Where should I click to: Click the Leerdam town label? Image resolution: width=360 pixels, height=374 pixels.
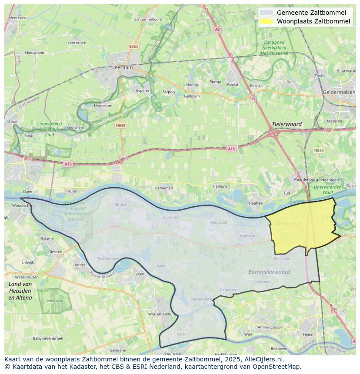pos(123,68)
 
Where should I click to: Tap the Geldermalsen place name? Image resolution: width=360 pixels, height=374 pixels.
pos(340,92)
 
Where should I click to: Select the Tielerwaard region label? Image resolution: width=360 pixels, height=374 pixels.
pos(287,124)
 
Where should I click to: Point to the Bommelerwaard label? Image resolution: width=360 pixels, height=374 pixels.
pos(269,271)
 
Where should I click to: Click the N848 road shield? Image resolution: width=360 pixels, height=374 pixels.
pos(120,126)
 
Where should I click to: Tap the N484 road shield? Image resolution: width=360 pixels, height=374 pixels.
pos(133,46)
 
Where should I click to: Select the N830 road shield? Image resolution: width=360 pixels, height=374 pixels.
pos(319,150)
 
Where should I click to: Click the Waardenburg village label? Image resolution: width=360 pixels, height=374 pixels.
pos(305,179)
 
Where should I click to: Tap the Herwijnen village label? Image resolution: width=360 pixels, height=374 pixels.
pos(164,188)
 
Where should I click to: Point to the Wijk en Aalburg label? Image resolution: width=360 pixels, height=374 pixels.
pos(161,314)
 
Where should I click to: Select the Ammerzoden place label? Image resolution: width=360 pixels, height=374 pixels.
pos(270,327)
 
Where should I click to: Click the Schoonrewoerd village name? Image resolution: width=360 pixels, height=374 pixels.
pos(148,19)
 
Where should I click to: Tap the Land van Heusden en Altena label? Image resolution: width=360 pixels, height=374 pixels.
pos(20,291)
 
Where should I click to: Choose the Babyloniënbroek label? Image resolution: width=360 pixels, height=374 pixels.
pos(48,338)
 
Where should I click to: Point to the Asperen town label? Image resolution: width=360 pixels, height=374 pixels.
pos(143,91)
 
